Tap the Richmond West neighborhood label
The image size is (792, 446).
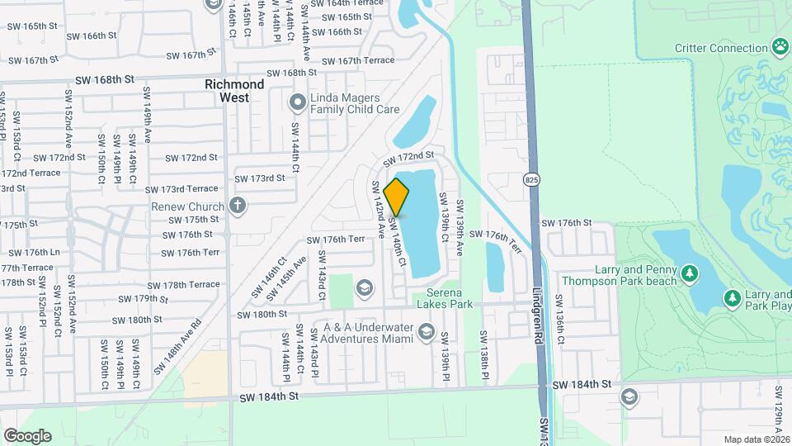[234, 91]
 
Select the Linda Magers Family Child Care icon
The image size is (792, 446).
[297, 102]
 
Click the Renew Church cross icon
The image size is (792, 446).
[238, 206]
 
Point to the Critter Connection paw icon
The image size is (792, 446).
[780, 46]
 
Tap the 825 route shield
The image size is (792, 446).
[531, 178]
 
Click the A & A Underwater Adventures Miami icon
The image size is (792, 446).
[426, 332]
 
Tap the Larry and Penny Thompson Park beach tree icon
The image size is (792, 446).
[690, 273]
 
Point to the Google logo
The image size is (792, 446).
[27, 435]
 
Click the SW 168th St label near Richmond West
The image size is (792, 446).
[104, 80]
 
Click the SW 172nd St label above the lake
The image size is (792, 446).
[408, 155]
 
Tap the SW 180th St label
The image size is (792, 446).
[262, 315]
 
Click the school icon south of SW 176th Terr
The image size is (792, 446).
[363, 287]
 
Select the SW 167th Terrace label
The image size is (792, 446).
[358, 61]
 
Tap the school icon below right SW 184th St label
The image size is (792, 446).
[629, 397]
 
